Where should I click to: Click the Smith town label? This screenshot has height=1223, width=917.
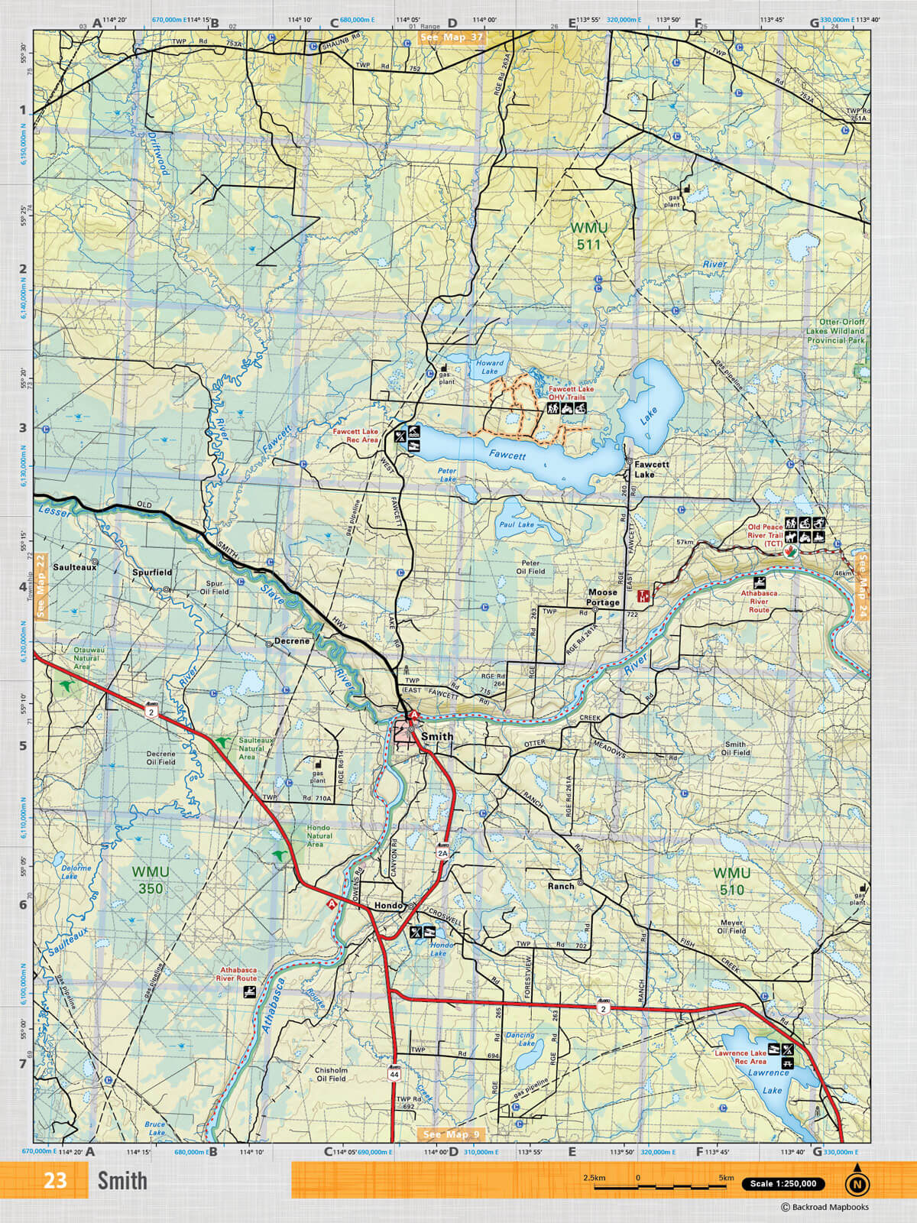437,737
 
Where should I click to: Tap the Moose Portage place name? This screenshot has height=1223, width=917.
603,597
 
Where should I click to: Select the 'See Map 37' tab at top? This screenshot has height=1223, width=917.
452,37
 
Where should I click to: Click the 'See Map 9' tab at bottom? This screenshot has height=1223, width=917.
452,1134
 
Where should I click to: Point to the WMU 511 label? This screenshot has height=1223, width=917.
589,236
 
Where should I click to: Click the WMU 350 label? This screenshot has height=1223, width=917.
151,880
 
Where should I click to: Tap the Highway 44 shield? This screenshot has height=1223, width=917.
394,1073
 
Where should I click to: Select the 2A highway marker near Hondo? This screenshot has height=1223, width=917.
442,852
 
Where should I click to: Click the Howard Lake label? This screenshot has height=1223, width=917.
490,367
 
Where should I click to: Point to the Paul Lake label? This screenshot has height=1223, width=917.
517,525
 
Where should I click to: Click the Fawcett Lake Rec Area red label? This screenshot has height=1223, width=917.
355,436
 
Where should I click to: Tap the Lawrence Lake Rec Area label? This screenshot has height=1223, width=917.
740,1057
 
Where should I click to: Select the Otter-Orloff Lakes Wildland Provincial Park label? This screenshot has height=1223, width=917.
836,331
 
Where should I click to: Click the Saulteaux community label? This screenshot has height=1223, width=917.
75,568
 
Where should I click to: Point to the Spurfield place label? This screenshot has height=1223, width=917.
152,572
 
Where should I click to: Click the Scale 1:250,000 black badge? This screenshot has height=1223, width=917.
783,1184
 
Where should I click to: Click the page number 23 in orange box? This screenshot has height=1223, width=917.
54,1181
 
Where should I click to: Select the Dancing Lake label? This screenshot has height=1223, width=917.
520,1039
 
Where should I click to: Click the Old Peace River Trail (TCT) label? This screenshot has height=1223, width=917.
765,531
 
